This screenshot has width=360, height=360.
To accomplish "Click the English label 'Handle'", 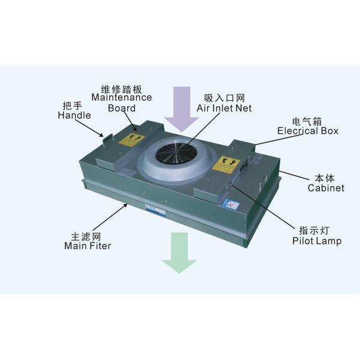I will (74, 115).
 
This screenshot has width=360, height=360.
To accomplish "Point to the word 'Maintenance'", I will (122, 97).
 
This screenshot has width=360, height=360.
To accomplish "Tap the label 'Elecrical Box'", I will (308, 131).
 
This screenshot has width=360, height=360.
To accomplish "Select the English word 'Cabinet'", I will (326, 188).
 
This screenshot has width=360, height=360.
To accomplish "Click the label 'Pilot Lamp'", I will (317, 241).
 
